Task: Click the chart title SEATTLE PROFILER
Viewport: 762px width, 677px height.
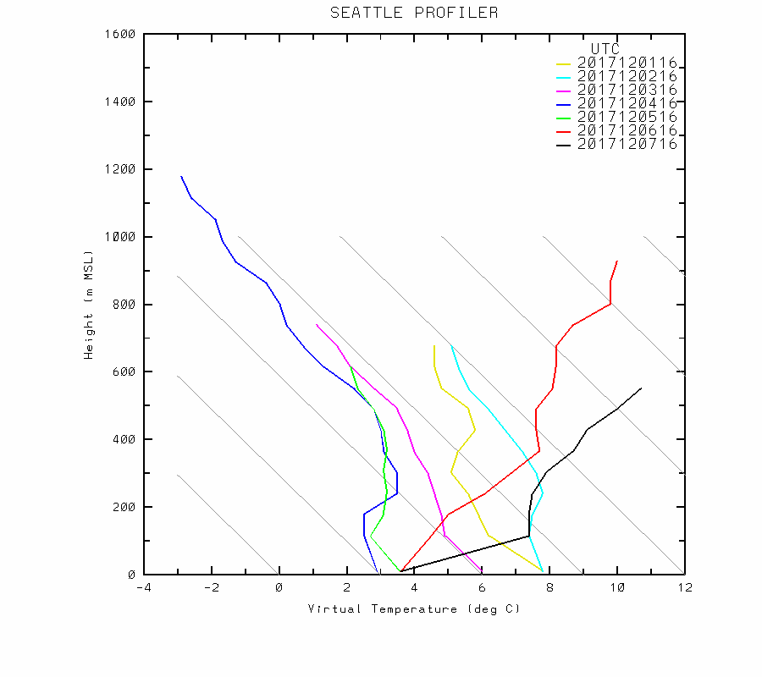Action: pyautogui.click(x=414, y=13)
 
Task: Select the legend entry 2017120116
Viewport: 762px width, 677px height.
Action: pyautogui.click(x=627, y=63)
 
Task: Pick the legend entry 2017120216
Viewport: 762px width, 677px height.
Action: pyautogui.click(x=627, y=76)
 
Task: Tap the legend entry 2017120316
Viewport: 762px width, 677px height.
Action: pyautogui.click(x=627, y=90)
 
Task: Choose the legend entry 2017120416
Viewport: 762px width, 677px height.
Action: pyautogui.click(x=627, y=103)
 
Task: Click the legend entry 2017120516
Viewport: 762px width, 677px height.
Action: pyautogui.click(x=627, y=117)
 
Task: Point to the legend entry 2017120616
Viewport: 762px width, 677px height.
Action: pyautogui.click(x=627, y=130)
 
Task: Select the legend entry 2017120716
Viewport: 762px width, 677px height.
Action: pyautogui.click(x=627, y=144)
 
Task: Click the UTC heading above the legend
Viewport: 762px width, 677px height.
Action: pyautogui.click(x=605, y=49)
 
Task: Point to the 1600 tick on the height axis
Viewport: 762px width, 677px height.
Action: pyautogui.click(x=122, y=34)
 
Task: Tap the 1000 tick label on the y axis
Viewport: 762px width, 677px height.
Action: pyautogui.click(x=122, y=237)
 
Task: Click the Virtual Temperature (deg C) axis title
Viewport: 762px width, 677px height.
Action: pyautogui.click(x=414, y=609)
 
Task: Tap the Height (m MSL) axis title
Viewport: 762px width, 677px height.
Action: pyautogui.click(x=88, y=304)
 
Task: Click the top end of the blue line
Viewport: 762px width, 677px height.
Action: pyautogui.click(x=181, y=176)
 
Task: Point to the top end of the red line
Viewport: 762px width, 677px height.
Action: pyautogui.click(x=617, y=261)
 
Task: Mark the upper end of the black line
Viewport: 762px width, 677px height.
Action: pyautogui.click(x=641, y=388)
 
